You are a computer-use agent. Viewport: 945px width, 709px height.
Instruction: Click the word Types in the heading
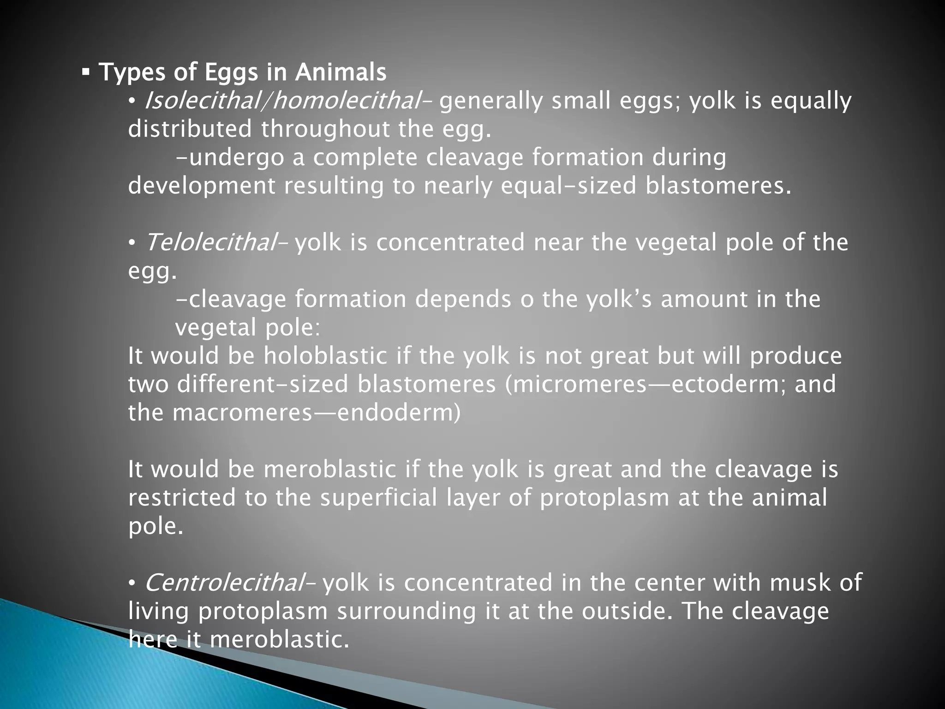132,72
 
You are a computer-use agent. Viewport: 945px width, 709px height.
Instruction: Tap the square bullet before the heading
85,72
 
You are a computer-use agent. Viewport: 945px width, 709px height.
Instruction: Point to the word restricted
182,498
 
